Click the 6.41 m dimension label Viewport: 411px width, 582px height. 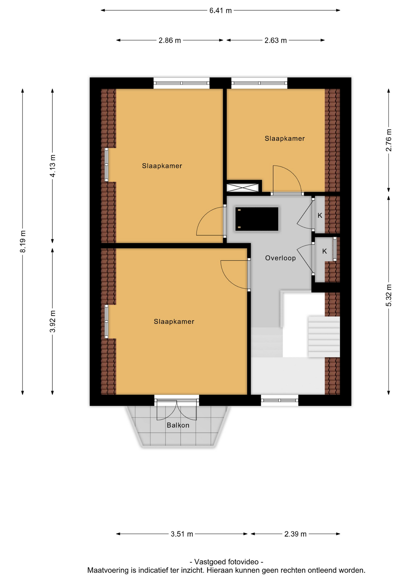(x=220, y=11)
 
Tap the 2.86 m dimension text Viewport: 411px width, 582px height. (x=169, y=40)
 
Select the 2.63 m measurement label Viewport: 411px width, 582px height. (x=275, y=40)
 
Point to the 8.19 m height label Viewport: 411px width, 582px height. (x=23, y=241)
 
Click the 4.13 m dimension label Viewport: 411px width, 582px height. (x=53, y=166)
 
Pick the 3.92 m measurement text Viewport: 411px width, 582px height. (x=53, y=321)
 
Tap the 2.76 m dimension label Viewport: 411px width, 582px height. (x=389, y=140)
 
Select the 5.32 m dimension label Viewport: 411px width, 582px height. (x=389, y=295)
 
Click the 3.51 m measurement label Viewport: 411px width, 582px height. (x=182, y=534)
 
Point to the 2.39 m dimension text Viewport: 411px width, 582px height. (x=295, y=534)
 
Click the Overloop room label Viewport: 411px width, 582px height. (x=280, y=258)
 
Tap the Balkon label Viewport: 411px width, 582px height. (x=178, y=425)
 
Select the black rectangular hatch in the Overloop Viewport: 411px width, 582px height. (x=257, y=219)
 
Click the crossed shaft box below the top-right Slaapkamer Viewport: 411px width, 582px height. (x=242, y=187)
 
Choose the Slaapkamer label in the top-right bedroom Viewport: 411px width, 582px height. (x=284, y=139)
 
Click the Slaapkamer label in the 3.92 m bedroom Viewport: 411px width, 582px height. (x=174, y=322)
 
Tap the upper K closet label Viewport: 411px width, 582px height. (x=320, y=216)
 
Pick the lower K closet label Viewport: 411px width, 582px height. (x=324, y=251)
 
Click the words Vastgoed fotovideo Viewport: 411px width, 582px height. (x=226, y=562)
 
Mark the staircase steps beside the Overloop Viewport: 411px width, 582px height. (x=324, y=337)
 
